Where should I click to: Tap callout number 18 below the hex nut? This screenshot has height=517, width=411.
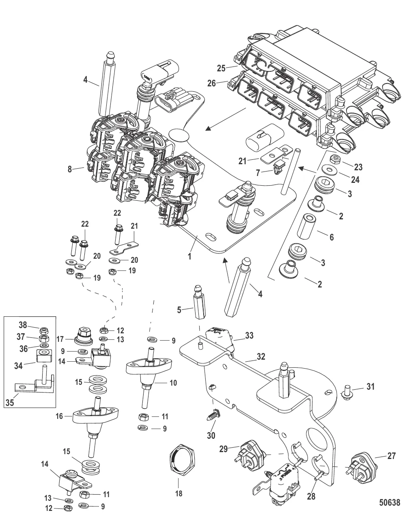pos(179,493)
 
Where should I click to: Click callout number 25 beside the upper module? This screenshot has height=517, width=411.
pos(221,68)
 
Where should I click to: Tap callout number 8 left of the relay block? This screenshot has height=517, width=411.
pos(70,169)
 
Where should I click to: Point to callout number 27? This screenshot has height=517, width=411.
pos(391,456)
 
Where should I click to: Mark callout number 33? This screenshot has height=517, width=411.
pos(249,336)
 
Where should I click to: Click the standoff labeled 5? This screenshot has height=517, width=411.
pos(199,303)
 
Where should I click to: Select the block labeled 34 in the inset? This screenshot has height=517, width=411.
pos(43,356)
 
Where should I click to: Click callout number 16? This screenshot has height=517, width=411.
pos(59,415)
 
